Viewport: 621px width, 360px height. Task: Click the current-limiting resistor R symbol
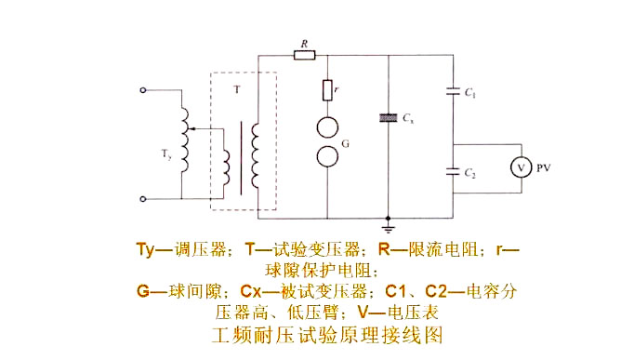(x=304, y=55)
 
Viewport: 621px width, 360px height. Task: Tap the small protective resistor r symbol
(x=328, y=90)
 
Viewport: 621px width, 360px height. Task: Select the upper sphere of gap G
(x=328, y=127)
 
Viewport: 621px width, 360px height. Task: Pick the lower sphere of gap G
(x=328, y=154)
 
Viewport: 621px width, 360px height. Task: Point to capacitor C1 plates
(x=453, y=91)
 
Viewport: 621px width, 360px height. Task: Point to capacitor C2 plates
(x=453, y=171)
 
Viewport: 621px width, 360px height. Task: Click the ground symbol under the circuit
(x=388, y=224)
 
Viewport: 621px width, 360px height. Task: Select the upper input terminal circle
(x=142, y=91)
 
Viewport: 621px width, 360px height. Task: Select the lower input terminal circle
(x=142, y=198)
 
